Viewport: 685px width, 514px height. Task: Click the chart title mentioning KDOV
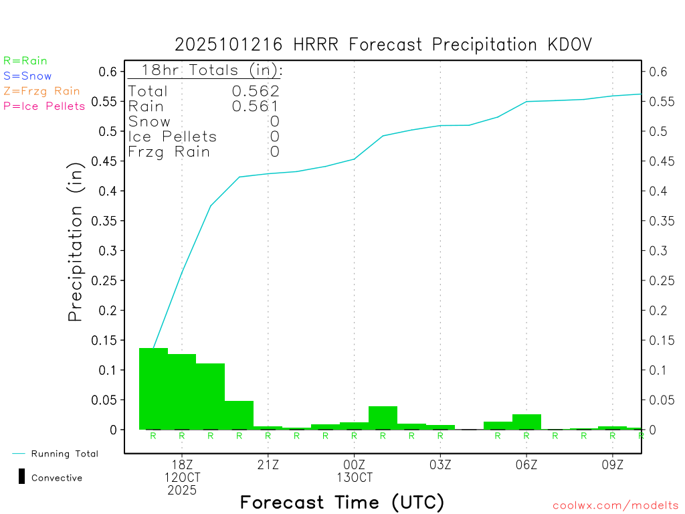[383, 45]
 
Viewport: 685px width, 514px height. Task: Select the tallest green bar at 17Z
[153, 388]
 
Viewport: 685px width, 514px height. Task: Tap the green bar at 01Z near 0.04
[383, 418]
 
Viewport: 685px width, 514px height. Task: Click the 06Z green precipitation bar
[526, 422]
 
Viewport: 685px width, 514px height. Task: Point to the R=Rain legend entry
[25, 61]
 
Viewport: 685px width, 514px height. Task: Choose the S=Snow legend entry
[27, 76]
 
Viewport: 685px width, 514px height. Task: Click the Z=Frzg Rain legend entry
[41, 91]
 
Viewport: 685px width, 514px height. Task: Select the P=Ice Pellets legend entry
[44, 106]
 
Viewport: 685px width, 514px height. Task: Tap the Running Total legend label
[64, 454]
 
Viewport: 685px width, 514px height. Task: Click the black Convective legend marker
[21, 477]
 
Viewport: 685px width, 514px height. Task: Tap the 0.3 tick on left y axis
[109, 251]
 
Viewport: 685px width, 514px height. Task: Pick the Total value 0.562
[256, 91]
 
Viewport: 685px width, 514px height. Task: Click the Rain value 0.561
[256, 106]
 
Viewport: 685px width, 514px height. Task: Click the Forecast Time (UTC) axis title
[342, 502]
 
